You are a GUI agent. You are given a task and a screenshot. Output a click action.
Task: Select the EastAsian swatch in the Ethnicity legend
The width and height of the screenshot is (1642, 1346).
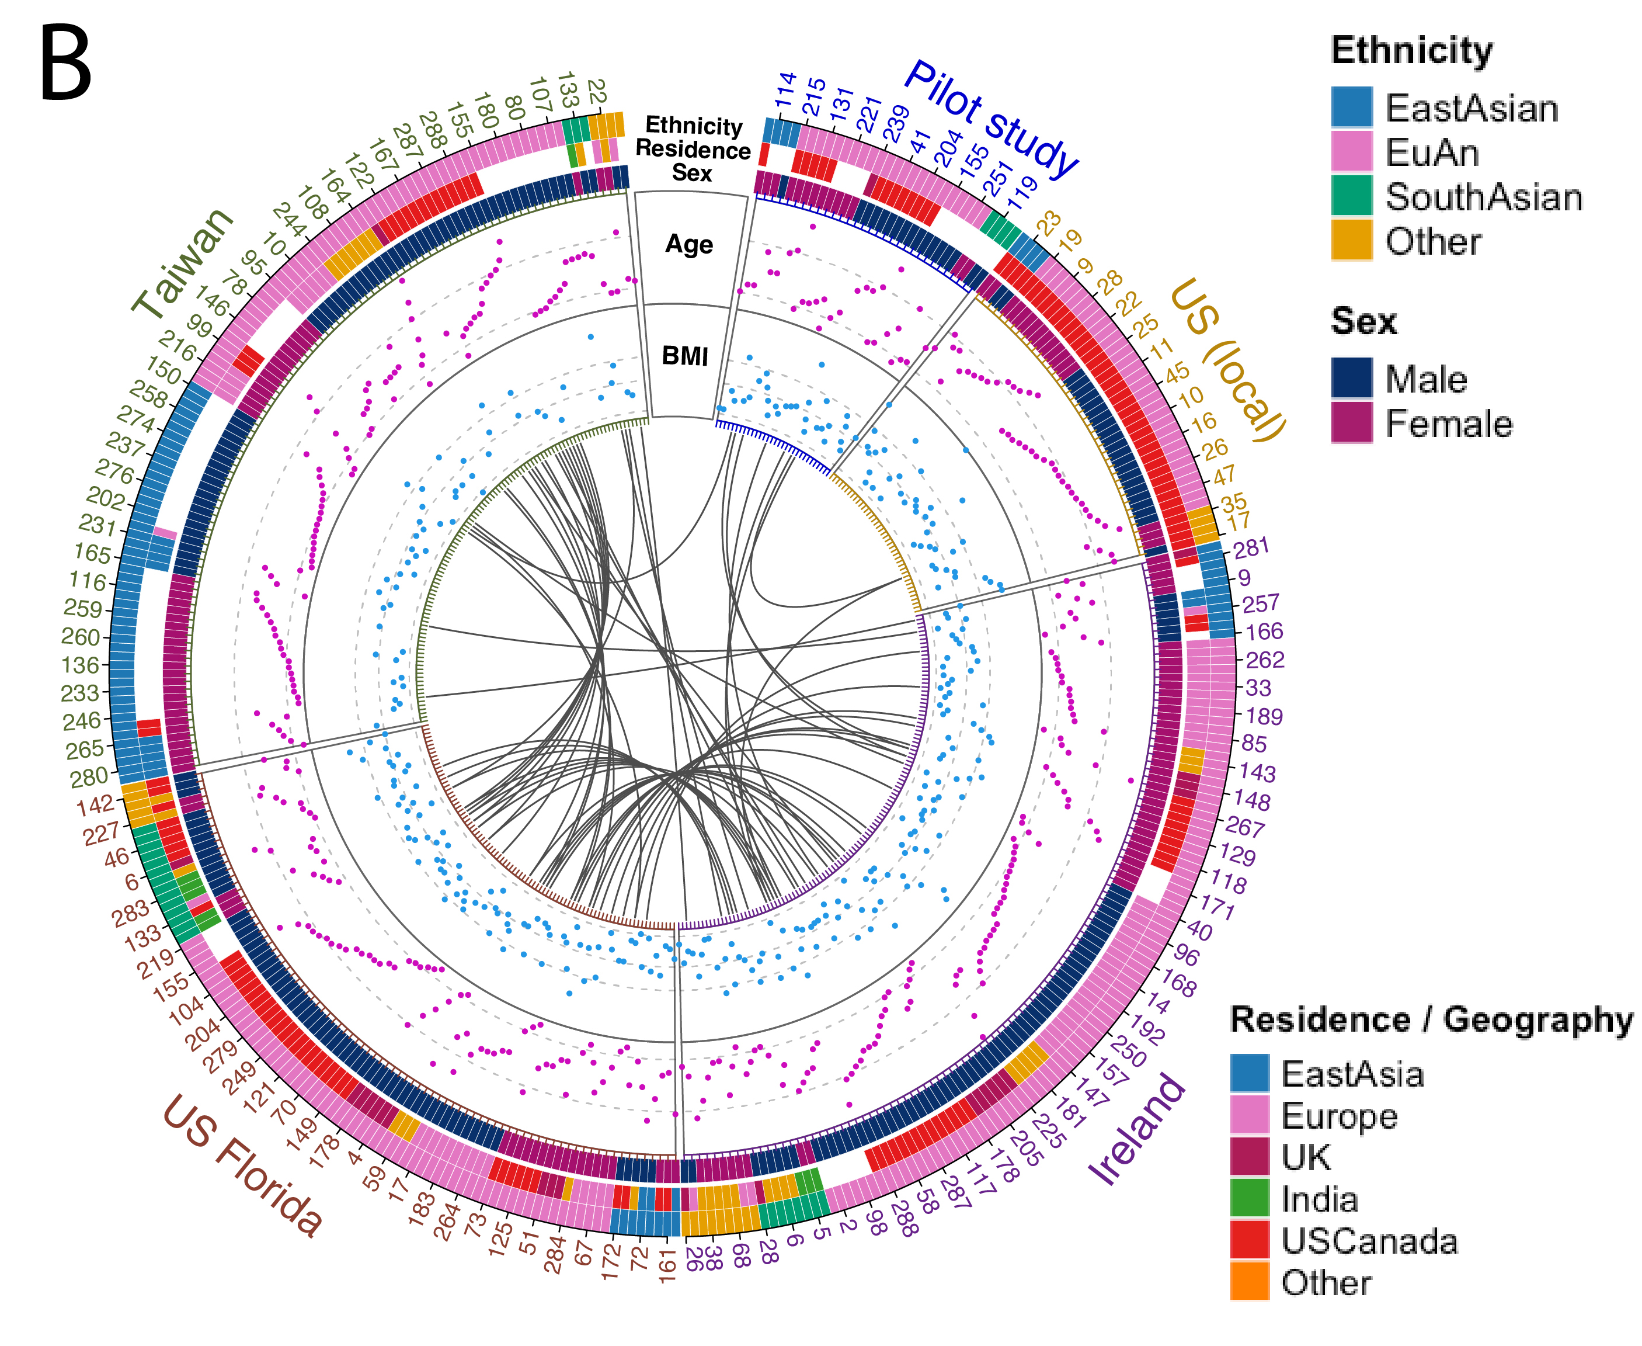point(1351,107)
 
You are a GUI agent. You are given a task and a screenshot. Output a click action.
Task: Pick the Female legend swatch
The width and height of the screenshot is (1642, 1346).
point(1351,422)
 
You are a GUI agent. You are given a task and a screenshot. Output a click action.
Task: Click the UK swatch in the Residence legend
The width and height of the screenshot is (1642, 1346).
point(1249,1156)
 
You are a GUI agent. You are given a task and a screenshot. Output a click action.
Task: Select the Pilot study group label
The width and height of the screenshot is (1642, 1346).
point(990,118)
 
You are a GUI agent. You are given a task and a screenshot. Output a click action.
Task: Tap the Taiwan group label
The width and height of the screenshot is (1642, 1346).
point(183,263)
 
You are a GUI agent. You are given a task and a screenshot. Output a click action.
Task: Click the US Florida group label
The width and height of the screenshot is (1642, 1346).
point(242,1164)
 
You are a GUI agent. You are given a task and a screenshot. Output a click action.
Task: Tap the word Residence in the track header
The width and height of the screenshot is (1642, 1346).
point(693,149)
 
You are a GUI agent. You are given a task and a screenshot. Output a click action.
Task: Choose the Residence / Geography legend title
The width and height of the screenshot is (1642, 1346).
point(1431,1019)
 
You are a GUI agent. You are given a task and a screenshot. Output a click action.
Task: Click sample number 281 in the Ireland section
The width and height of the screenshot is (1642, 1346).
point(1251,548)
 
